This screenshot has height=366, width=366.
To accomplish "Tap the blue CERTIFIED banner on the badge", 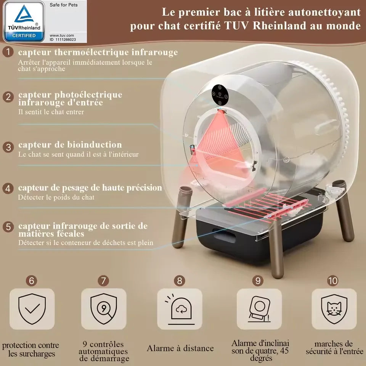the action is click(24, 36).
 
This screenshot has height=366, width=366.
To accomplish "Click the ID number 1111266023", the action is click(66, 40).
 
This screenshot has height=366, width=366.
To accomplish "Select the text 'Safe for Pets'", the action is click(64, 5).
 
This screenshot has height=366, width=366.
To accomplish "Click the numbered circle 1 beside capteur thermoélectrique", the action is click(8, 52).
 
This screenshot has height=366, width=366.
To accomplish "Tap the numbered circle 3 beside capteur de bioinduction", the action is click(8, 147).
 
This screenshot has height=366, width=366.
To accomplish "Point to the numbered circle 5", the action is click(8, 226).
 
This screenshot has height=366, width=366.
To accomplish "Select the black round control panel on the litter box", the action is click(220, 95).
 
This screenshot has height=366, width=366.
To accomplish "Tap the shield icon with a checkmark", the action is click(32, 309).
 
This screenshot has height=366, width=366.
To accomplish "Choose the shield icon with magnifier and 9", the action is click(104, 309).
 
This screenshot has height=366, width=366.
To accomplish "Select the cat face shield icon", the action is click(334, 309).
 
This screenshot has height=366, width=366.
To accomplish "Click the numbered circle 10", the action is click(332, 281).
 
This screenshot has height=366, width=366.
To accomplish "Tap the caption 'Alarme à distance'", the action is click(180, 348).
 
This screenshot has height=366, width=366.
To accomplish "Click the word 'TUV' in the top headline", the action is click(237, 26).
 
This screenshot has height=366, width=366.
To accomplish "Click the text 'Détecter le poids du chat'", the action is click(56, 197).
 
